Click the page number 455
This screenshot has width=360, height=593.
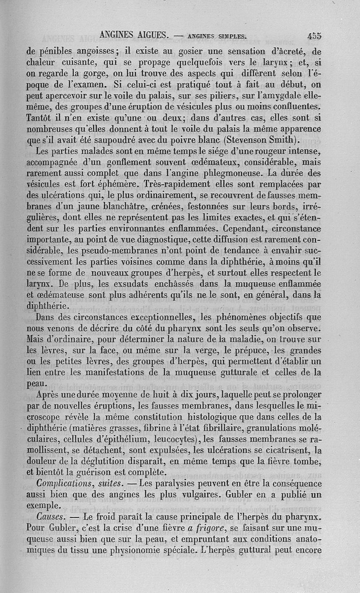click(312, 36)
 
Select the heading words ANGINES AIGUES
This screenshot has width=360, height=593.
click(134, 34)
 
